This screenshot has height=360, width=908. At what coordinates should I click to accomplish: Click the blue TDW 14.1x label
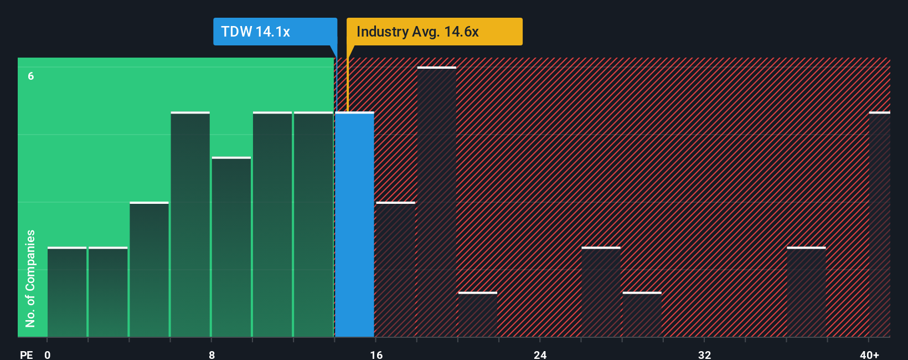coord(275,32)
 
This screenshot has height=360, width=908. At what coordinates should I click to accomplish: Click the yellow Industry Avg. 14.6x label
coord(434,32)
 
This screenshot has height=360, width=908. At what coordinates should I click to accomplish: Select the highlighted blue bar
coord(354,224)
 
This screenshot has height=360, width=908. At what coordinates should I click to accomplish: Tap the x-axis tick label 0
coord(48,354)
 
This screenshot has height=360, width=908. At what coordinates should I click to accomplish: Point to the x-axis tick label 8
coord(211,354)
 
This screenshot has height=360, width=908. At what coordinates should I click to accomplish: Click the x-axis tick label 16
coord(376,354)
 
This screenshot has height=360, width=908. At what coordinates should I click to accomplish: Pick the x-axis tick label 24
coord(540,354)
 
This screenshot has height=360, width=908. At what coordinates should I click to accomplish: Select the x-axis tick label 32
coord(704,354)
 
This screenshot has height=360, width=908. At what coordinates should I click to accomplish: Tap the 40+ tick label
coord(869,354)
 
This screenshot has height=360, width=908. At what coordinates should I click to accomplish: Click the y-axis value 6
coord(31,76)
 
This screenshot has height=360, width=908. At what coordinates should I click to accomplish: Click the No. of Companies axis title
coord(30,278)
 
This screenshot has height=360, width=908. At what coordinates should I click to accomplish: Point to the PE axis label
coord(26,354)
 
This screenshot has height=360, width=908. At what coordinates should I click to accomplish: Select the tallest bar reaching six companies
coord(437,202)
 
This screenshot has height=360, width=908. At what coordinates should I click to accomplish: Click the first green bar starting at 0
coord(67,292)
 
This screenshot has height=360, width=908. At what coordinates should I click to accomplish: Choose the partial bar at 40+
coord(879,224)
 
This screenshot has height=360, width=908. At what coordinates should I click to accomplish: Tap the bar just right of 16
coord(395,270)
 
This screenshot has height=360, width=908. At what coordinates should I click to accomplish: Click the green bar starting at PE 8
coord(231,247)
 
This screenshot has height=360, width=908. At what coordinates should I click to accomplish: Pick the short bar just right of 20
coord(478,315)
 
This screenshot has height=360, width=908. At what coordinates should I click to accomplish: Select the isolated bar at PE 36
coord(806,292)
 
